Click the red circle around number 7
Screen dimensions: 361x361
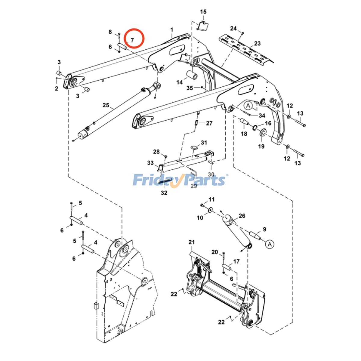[x=134, y=38]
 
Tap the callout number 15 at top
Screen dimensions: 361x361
[x=203, y=12]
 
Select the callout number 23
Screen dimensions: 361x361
[x=257, y=43]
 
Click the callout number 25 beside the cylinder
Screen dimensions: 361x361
[x=106, y=105]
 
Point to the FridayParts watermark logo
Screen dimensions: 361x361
[x=180, y=180]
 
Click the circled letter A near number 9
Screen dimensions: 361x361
[x=270, y=244]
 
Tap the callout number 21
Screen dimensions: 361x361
[x=192, y=242]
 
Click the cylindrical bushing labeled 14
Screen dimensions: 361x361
[x=192, y=75]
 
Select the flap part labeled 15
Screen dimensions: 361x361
[x=203, y=26]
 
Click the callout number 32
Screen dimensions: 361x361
[x=164, y=193]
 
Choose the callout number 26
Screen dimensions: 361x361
[x=242, y=216]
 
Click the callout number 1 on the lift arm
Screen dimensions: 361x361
[x=172, y=29]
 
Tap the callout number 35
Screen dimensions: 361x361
[x=190, y=88]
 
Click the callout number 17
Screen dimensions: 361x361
[x=236, y=261]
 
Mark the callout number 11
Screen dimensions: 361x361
[x=212, y=199]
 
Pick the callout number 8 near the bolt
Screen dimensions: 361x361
[x=110, y=32]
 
